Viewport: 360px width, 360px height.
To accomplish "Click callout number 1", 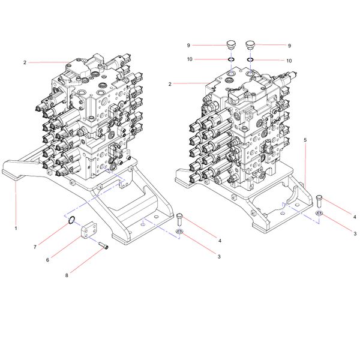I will coord(16,228).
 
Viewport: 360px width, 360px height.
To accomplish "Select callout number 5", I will coord(305,139).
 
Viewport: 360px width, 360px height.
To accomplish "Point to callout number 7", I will coord(35,247).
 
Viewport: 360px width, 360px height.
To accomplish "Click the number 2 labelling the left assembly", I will coord(25,62).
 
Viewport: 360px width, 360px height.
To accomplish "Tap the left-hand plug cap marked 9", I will coord(230,44).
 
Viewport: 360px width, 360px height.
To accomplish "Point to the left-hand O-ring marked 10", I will coord(230,60).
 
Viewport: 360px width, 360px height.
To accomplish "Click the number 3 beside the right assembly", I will coord(355,233).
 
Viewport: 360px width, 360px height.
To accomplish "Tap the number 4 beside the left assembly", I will coord(220,241).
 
